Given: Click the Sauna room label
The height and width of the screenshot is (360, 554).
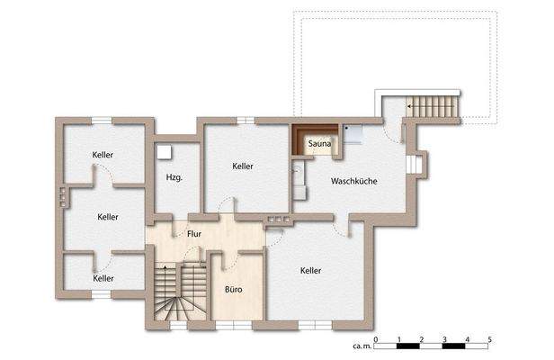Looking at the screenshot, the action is [x=319, y=144].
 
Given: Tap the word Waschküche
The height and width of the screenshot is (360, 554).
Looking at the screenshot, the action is [x=354, y=181].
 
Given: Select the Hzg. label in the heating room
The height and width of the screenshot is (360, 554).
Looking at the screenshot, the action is [x=174, y=177].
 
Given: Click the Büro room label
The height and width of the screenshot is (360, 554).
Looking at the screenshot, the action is [x=234, y=290].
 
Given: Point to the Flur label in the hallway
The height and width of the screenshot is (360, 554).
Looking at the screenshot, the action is [x=194, y=234].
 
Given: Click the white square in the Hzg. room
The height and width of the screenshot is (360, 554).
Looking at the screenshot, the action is [x=165, y=152].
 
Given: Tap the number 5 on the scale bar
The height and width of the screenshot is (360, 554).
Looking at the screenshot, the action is [x=489, y=339].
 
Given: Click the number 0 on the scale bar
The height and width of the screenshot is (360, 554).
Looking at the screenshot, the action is [x=376, y=339].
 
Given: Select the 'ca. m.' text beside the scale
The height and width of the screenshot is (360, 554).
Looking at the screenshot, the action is [x=362, y=346].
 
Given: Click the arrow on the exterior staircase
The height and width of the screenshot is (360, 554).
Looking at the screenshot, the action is [x=431, y=106].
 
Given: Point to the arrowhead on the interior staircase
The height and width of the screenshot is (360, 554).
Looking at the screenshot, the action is [x=165, y=266].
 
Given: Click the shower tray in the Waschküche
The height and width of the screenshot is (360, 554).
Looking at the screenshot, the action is [x=353, y=134].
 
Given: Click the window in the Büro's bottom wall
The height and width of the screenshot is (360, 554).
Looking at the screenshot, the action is [x=234, y=326].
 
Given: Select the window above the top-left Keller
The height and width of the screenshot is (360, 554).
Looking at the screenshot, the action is [x=102, y=121].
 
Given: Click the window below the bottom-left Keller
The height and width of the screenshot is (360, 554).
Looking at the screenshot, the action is [x=102, y=294].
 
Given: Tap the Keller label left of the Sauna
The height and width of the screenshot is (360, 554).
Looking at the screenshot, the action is [x=243, y=166].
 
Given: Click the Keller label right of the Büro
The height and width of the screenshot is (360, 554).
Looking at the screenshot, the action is [x=310, y=271].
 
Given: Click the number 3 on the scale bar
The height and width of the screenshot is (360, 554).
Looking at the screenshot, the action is [x=444, y=339].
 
